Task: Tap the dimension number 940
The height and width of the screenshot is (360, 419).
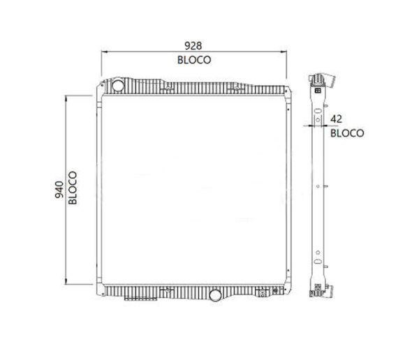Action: [60, 189]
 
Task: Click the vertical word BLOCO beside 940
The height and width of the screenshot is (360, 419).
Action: [73, 188]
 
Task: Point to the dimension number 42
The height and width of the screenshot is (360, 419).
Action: [337, 119]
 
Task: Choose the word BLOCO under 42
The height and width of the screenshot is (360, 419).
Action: [346, 133]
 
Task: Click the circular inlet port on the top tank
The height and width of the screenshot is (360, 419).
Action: [117, 86]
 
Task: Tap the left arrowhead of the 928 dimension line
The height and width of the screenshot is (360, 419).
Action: [105, 52]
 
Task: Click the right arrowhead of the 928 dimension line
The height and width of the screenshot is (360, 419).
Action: [284, 52]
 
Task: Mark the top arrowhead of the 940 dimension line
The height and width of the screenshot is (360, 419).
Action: [66, 98]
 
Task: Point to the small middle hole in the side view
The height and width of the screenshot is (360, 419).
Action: [318, 186]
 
